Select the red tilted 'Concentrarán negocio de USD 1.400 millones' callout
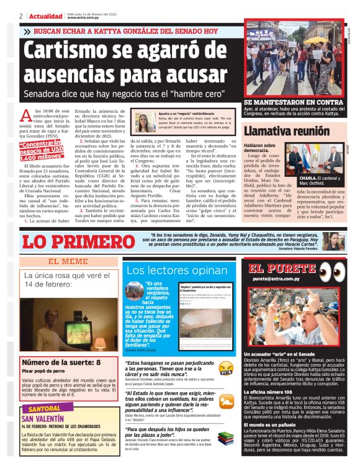coord(40,150)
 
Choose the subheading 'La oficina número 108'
coord(268,392)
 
